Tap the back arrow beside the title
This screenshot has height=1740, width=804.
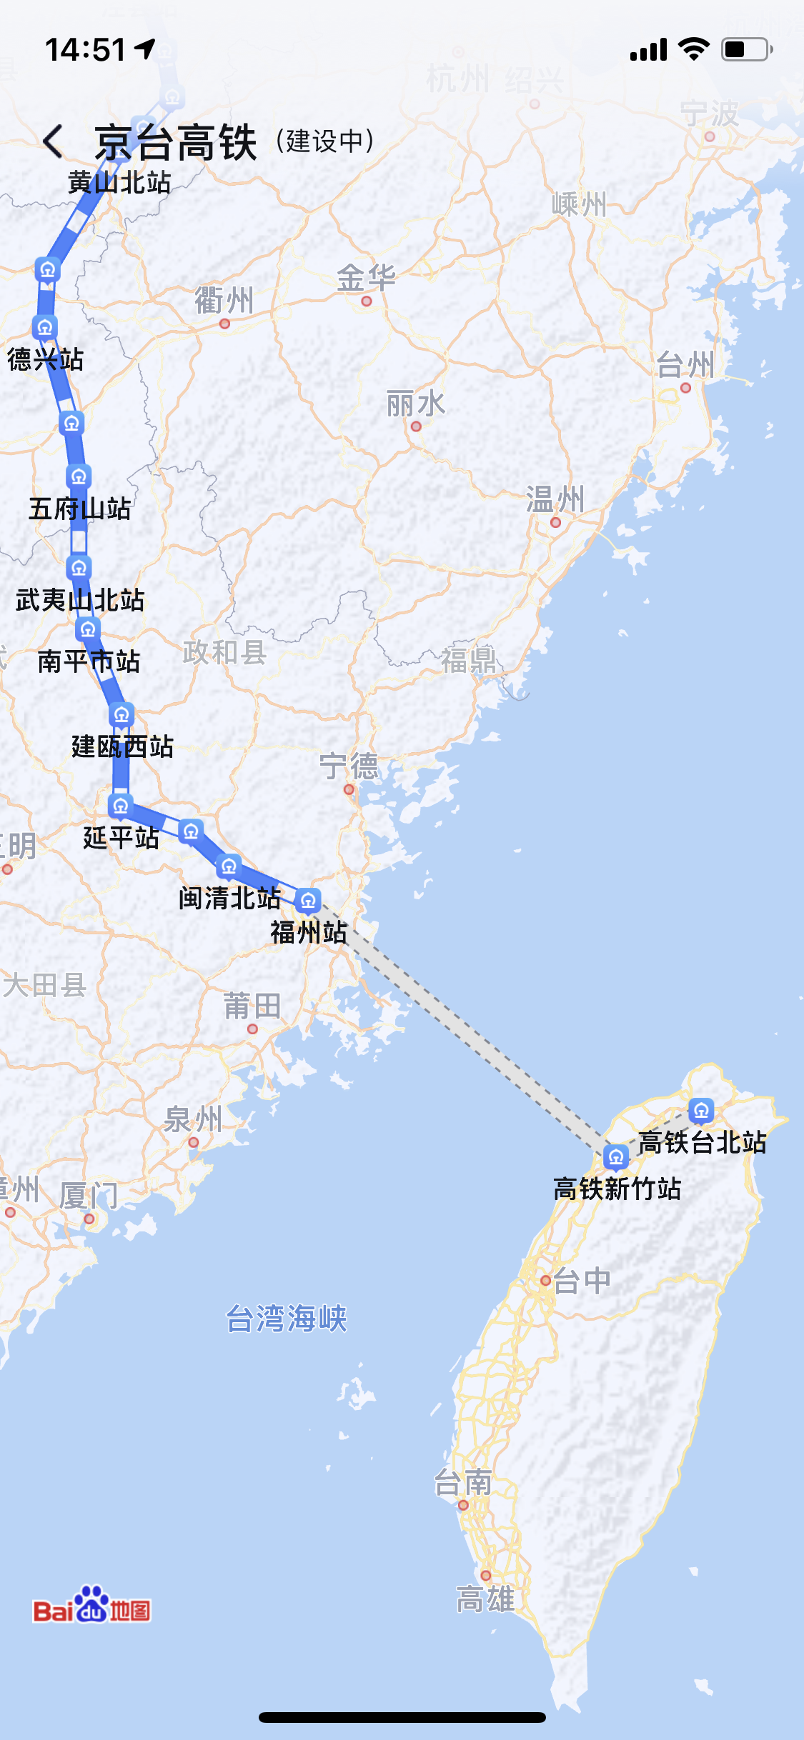54,141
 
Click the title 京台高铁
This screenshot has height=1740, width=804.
176,141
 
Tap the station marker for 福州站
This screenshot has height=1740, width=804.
308,900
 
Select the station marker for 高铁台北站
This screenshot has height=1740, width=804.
701,1110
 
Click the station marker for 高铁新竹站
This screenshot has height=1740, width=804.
615,1156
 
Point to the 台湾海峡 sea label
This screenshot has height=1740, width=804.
287,1319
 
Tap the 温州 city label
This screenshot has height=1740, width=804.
555,499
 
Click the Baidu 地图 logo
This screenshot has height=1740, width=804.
91,1606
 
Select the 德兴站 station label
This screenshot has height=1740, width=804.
46,359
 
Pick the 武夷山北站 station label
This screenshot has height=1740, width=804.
80,600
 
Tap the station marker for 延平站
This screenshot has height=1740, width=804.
121,806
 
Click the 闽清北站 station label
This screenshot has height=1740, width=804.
229,898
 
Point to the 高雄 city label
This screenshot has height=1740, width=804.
485,1599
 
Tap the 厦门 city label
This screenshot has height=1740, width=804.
89,1195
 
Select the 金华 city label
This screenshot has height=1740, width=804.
366,278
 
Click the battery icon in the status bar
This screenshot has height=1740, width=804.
746,49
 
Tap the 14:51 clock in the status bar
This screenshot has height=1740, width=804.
86,50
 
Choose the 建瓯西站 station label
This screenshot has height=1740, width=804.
122,746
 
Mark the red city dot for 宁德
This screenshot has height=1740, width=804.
349,789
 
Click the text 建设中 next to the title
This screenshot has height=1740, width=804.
325,141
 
